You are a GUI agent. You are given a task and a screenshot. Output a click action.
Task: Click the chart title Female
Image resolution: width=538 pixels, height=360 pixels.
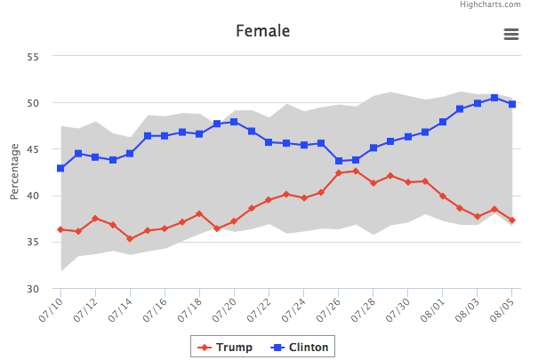point(262,32)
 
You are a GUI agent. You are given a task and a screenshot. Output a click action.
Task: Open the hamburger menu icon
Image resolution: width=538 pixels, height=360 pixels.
point(510,34)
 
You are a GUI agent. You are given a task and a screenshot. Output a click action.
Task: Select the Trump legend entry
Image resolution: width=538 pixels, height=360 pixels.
point(225,346)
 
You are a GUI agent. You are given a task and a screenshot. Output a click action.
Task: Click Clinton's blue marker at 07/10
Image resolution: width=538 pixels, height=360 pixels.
point(60,168)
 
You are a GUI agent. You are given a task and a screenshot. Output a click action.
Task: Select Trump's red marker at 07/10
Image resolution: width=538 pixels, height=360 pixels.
point(60,229)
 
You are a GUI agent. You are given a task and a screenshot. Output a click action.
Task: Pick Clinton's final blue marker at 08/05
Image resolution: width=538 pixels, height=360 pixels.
point(511,104)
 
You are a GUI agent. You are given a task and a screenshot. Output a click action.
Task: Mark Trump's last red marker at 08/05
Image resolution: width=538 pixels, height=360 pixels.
point(511,220)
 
